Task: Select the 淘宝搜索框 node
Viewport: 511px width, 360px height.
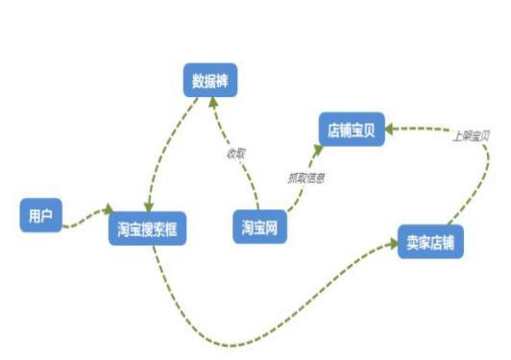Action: (x=145, y=229)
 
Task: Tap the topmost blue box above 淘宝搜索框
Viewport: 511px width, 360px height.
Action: (x=209, y=80)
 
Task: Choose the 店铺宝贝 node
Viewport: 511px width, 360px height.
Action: (x=352, y=129)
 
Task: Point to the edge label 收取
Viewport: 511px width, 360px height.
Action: (x=236, y=154)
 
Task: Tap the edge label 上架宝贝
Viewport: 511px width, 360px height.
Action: (x=471, y=135)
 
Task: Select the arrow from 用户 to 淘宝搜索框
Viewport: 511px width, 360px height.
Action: (x=85, y=215)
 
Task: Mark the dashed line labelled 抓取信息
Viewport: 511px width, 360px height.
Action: (x=298, y=182)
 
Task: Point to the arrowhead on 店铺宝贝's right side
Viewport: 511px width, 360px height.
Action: (x=393, y=127)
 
